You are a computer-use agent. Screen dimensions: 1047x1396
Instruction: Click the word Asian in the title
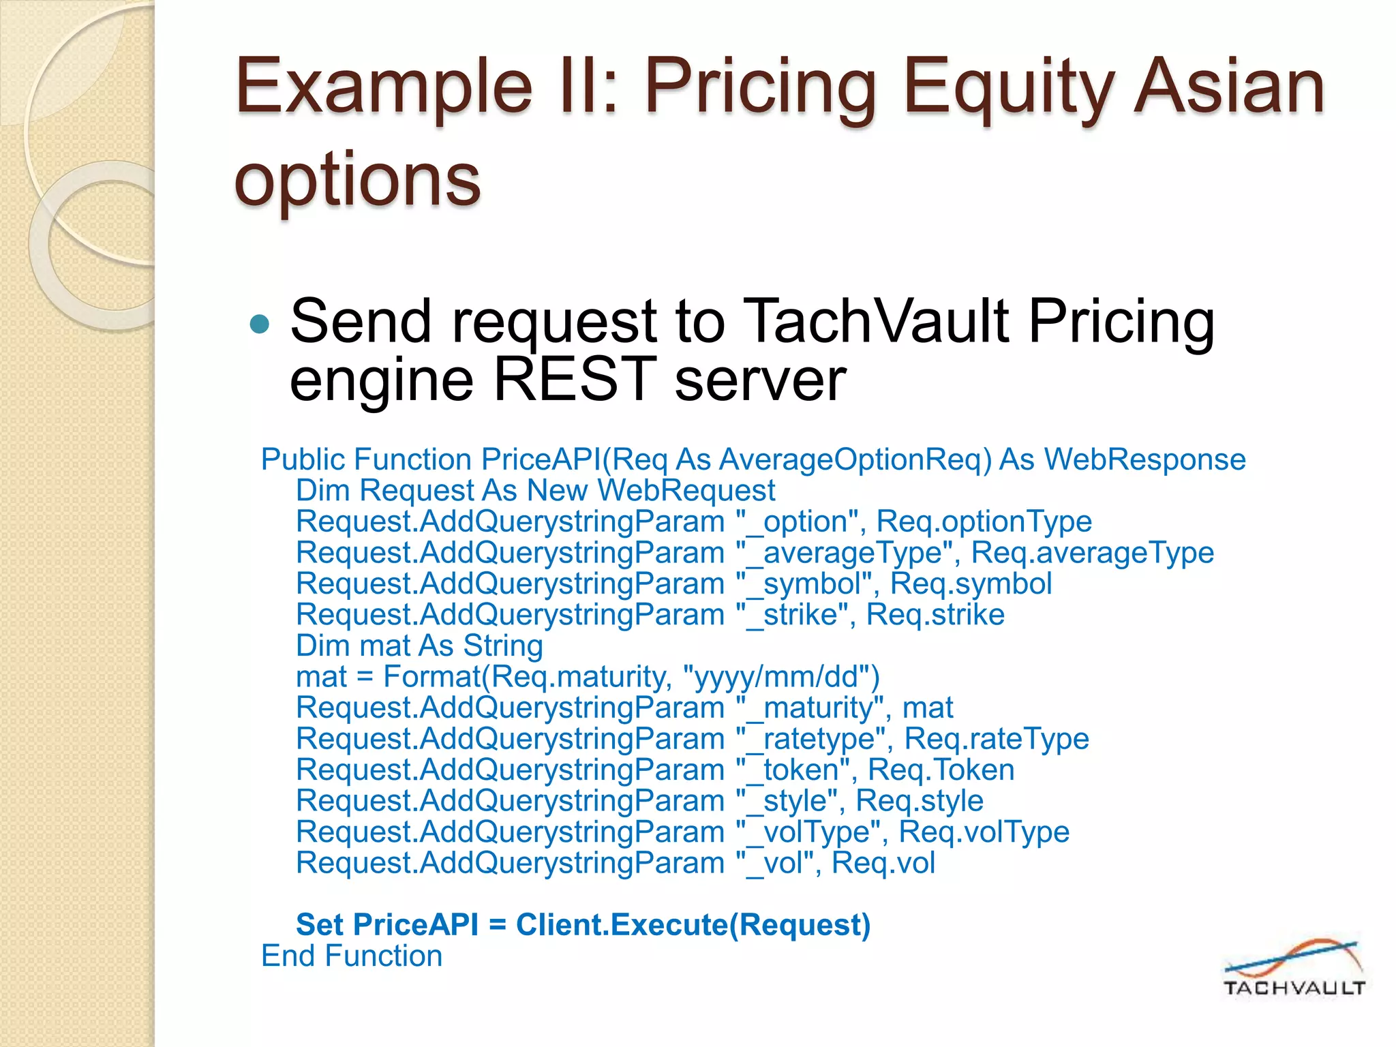click(1228, 87)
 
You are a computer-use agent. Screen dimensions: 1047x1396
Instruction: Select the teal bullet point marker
click(260, 324)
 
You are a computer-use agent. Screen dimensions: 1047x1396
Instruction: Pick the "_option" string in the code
click(796, 521)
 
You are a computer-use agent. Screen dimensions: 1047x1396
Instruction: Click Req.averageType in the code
click(1092, 552)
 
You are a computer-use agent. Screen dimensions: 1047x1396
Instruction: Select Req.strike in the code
click(935, 614)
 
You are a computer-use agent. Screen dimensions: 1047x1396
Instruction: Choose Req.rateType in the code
click(997, 739)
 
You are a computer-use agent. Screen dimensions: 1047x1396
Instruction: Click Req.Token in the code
click(941, 770)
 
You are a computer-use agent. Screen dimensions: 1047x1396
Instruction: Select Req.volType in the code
click(984, 832)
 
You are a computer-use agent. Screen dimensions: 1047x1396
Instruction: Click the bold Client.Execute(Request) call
click(693, 925)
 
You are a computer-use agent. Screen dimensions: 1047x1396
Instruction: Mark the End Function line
click(352, 956)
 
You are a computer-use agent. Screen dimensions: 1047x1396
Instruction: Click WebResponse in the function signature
click(1144, 459)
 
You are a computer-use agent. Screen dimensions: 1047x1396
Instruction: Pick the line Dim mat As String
click(419, 646)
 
